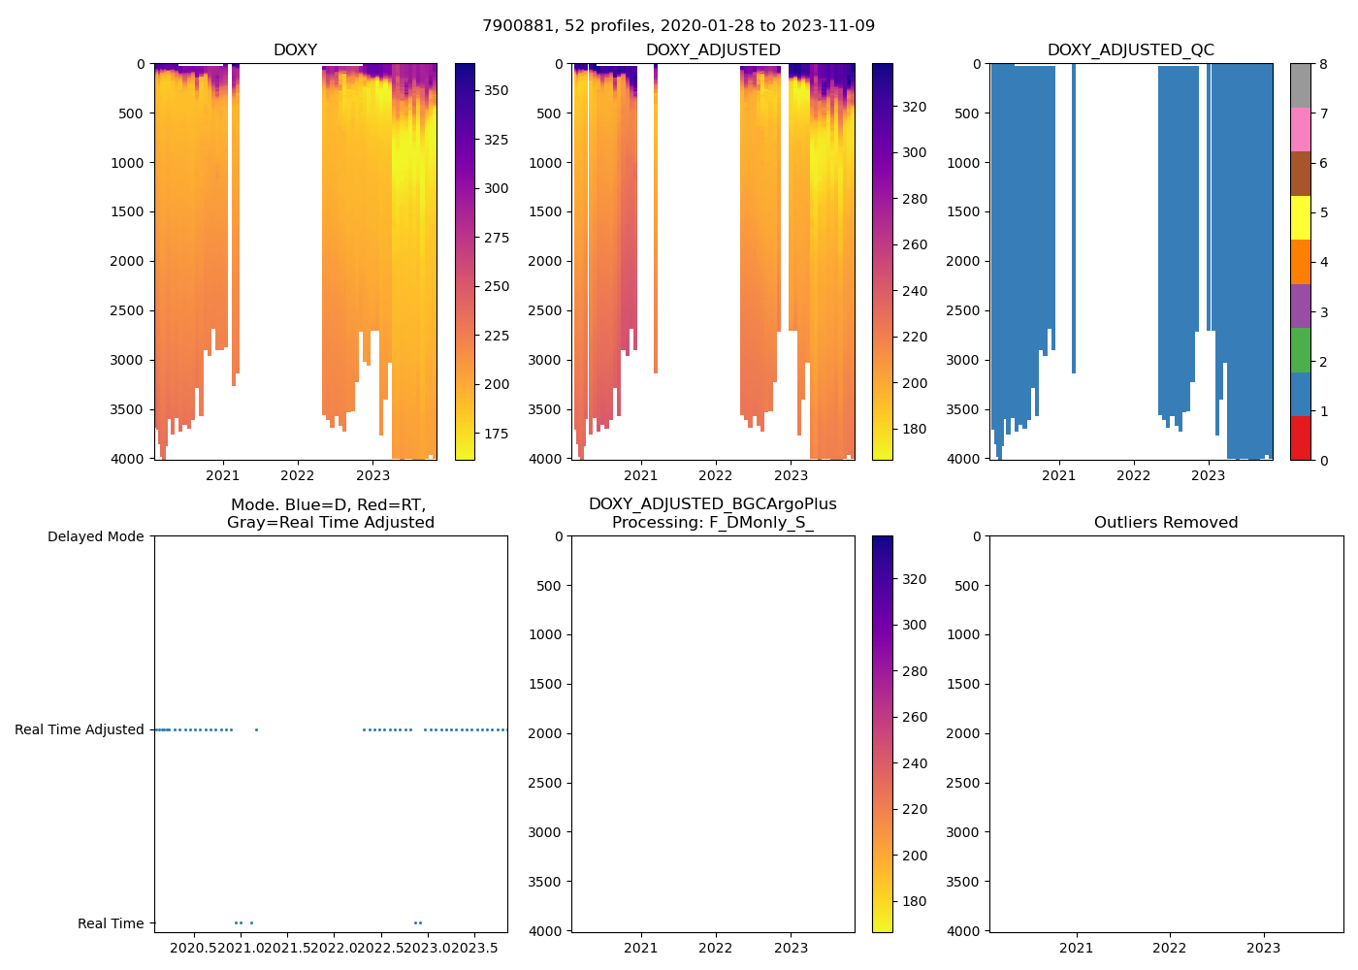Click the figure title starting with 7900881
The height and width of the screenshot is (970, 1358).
click(x=678, y=26)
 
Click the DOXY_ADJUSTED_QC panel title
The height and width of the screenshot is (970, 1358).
click(x=1130, y=50)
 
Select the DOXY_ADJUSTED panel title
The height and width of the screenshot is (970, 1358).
click(x=713, y=50)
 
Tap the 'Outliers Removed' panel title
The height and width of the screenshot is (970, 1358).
click(x=1166, y=523)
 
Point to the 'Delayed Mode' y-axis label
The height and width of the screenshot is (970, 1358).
click(x=95, y=536)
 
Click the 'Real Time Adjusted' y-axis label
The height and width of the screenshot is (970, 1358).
click(x=79, y=729)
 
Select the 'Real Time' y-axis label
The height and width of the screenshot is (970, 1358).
click(x=111, y=923)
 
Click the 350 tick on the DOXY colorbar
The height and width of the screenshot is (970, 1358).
click(x=496, y=90)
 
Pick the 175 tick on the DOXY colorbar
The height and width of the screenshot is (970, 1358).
click(x=496, y=434)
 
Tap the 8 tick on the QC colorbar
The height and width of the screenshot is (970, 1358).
click(x=1323, y=64)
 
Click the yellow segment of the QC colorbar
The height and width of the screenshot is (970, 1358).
click(x=1300, y=218)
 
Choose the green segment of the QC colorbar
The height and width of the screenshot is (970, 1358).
click(x=1300, y=350)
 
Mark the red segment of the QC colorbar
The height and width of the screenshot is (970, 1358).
click(x=1300, y=438)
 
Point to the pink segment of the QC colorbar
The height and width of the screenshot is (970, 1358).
click(x=1300, y=130)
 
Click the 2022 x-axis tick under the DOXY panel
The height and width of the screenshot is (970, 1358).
click(x=298, y=475)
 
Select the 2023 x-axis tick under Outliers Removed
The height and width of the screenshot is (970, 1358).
click(x=1263, y=948)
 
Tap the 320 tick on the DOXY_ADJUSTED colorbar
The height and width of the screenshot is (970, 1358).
click(x=914, y=107)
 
